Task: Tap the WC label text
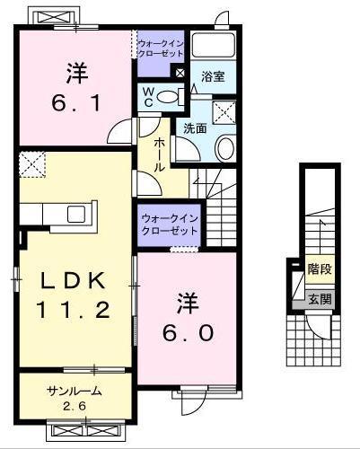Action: [146, 95]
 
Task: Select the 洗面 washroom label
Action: [195, 128]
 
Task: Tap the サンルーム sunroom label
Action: [75, 391]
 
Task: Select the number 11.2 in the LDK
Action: [74, 311]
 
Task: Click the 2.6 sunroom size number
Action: [75, 406]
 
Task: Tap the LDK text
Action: [74, 280]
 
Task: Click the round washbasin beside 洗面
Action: [224, 148]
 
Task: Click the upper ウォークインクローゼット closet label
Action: [161, 48]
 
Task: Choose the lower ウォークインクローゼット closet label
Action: [169, 224]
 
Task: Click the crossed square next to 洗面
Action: [224, 112]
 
